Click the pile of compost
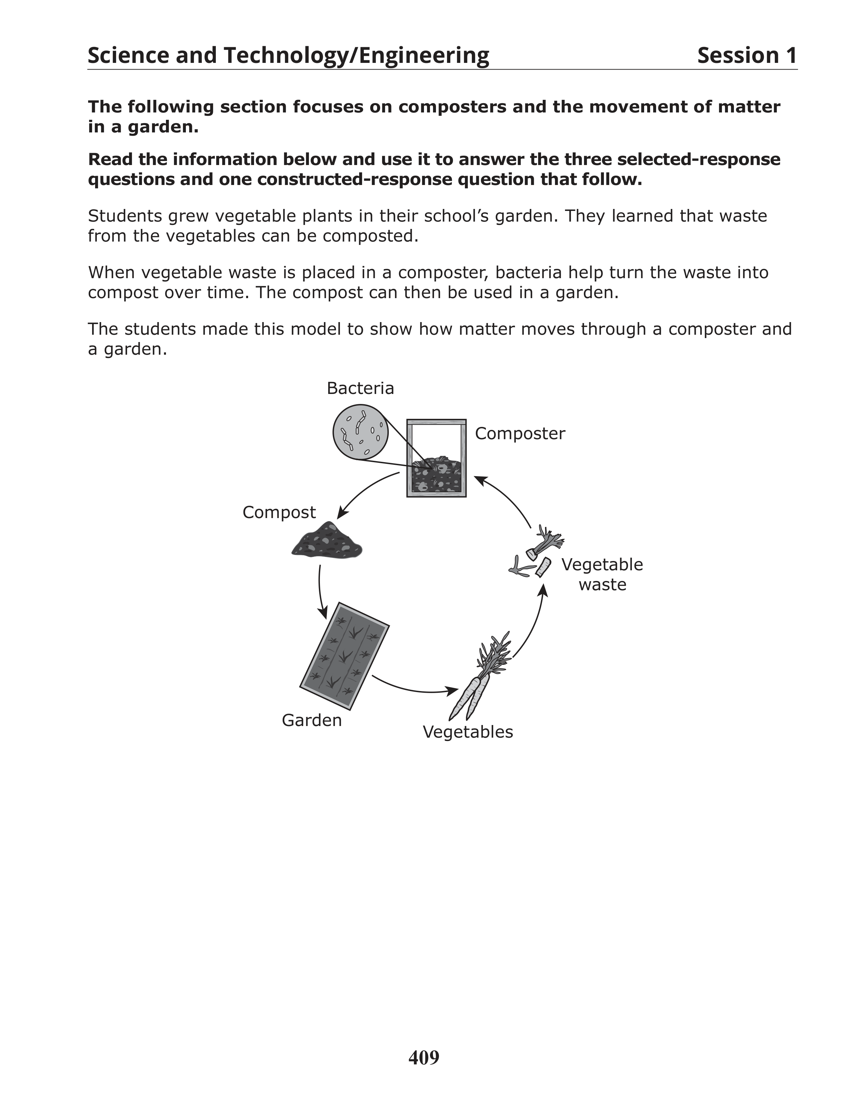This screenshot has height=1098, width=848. (x=327, y=540)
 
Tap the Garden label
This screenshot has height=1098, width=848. (x=312, y=720)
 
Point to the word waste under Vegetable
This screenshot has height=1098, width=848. (x=602, y=585)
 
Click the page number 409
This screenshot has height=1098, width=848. (x=423, y=1058)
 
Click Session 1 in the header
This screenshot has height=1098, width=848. (x=747, y=55)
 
